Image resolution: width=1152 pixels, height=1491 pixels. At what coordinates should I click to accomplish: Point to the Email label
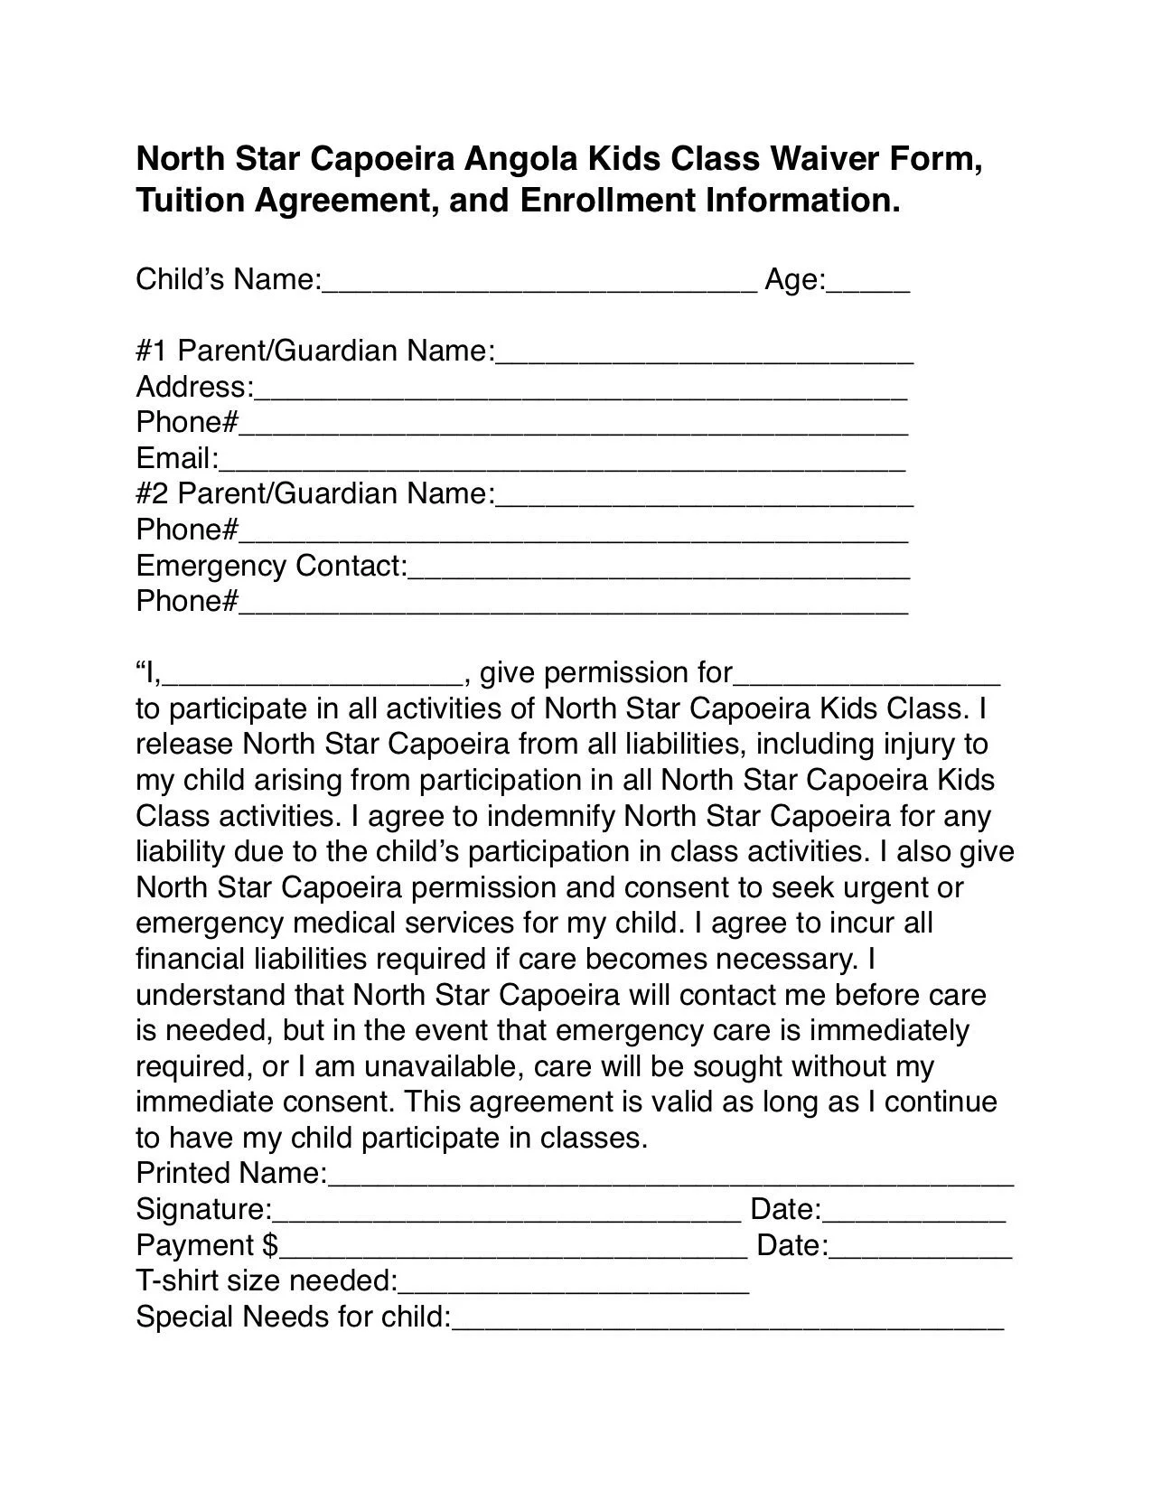click(177, 458)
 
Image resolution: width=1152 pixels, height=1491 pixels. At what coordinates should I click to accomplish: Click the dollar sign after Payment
click(269, 1245)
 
